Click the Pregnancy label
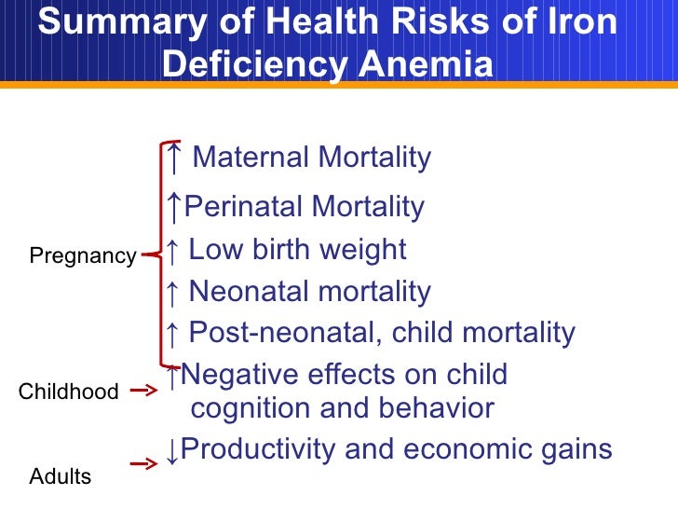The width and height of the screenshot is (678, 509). (x=83, y=256)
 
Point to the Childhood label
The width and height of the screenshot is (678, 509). (x=68, y=392)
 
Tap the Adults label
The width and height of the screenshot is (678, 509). (x=61, y=477)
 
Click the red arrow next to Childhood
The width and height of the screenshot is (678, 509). (x=143, y=392)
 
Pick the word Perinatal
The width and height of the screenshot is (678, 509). (x=244, y=206)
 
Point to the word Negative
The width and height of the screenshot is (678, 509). (x=242, y=375)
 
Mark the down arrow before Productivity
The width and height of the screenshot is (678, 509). (x=171, y=451)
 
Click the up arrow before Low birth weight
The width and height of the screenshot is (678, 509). (x=171, y=250)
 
